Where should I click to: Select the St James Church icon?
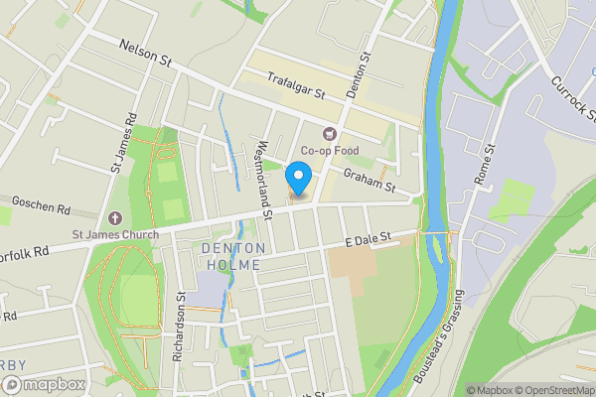(x=115, y=218)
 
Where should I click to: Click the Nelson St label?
(x=146, y=52)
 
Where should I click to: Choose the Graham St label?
(x=370, y=180)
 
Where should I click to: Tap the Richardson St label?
(x=180, y=326)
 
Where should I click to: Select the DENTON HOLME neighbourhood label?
(x=230, y=256)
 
